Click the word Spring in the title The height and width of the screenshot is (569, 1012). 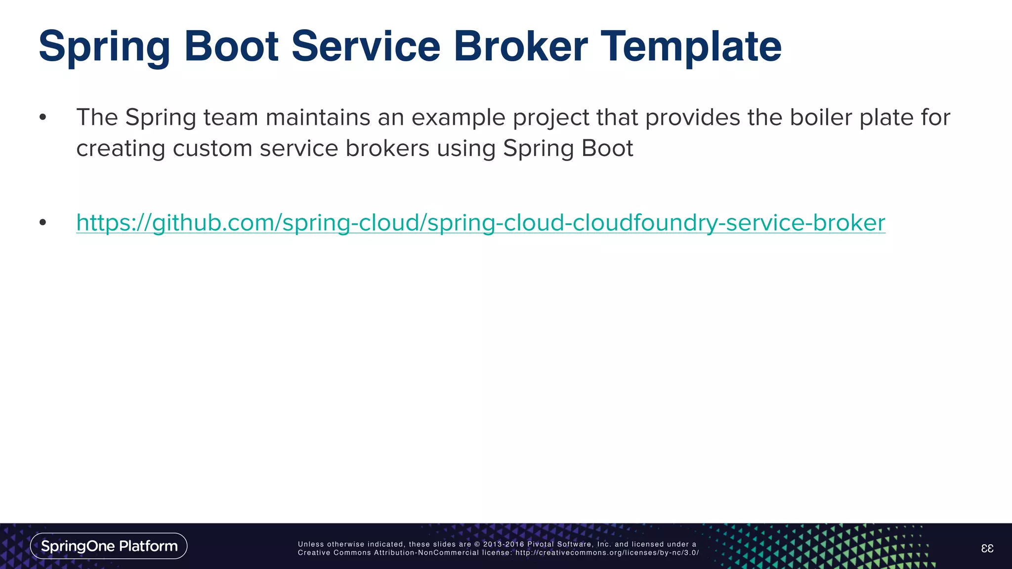[x=104, y=47]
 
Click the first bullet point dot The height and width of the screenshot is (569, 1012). [x=43, y=118]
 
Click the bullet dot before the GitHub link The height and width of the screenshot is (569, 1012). [x=43, y=223]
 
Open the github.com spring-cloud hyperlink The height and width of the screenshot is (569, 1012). [x=480, y=223]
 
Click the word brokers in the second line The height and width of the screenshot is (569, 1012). [x=387, y=149]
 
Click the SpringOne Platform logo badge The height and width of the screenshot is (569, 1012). [x=109, y=546]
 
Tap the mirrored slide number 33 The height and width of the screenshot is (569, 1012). [x=987, y=548]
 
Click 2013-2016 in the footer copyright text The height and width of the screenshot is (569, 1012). [x=504, y=544]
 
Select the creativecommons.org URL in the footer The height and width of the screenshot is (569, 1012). [x=607, y=553]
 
